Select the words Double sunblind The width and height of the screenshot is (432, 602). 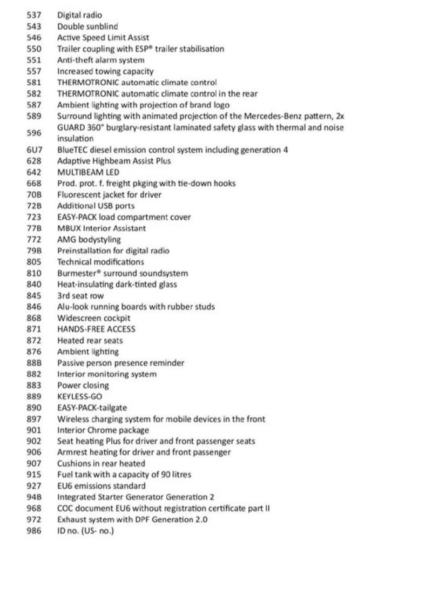(87, 26)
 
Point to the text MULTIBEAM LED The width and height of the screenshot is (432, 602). (88, 172)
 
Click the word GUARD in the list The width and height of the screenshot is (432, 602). (69, 127)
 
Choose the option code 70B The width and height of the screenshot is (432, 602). (34, 194)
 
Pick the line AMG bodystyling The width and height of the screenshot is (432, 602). (89, 239)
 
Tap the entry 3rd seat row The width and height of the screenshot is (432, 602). (80, 296)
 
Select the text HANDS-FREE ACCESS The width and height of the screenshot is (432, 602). (96, 329)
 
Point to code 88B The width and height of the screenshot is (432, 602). (34, 363)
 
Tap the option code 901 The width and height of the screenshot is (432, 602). (34, 430)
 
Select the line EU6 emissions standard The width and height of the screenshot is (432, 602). (101, 486)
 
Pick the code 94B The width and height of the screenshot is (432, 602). (34, 497)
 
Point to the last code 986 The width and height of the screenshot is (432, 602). (34, 531)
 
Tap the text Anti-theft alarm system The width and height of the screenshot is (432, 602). (100, 60)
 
